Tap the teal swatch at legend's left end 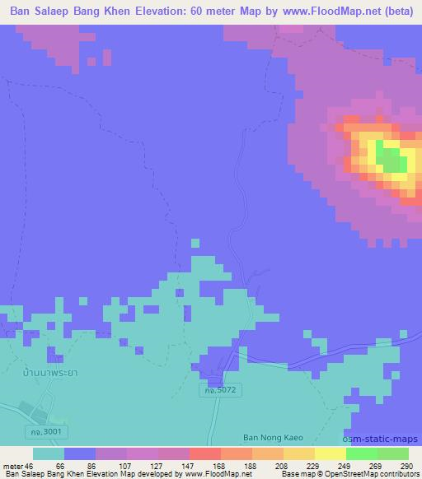tap(48, 453)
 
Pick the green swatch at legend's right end tap(392, 453)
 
